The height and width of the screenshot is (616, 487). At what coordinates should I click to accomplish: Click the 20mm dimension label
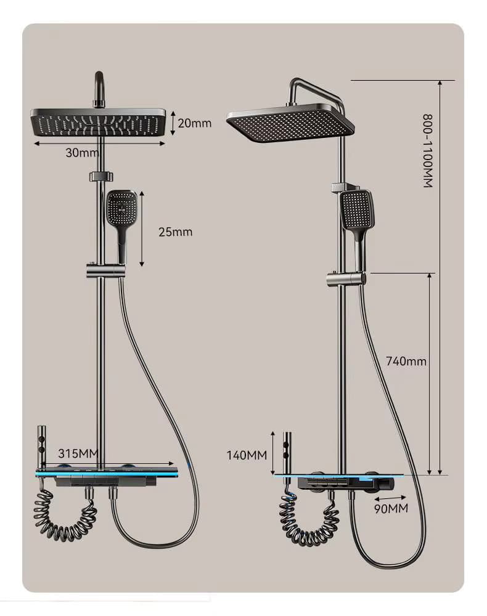point(195,123)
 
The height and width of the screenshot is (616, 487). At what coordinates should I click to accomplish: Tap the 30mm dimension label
point(82,152)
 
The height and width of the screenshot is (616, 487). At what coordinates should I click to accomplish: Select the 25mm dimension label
point(175,232)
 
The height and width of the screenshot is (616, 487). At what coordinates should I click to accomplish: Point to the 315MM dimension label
point(78,453)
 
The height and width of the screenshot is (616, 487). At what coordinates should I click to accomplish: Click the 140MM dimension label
point(247,455)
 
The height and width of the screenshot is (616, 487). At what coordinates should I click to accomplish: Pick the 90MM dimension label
point(391,508)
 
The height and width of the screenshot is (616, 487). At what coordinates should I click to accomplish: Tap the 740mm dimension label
point(406,361)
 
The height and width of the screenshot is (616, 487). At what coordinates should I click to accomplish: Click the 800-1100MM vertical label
point(428,151)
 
